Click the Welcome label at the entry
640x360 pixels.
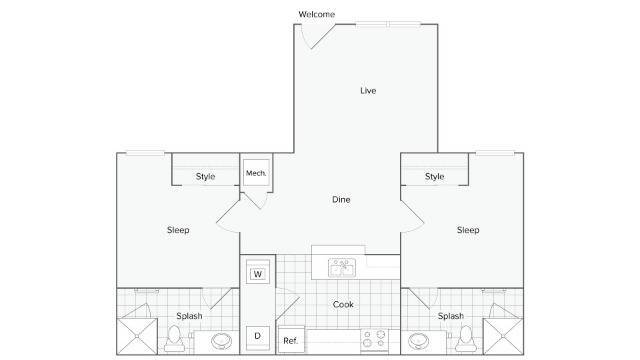pyautogui.click(x=317, y=14)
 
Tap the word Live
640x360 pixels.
pyautogui.click(x=368, y=91)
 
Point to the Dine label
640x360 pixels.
pyautogui.click(x=341, y=199)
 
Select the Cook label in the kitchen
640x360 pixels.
pyautogui.click(x=343, y=305)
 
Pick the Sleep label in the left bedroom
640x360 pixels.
pyautogui.click(x=178, y=230)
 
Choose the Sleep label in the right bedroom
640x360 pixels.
pyautogui.click(x=468, y=230)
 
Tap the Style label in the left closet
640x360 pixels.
pyautogui.click(x=205, y=177)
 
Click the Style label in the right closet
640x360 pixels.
pyautogui.click(x=434, y=177)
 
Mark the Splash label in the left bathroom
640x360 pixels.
pyautogui.click(x=190, y=316)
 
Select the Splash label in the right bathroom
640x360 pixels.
pyautogui.click(x=450, y=316)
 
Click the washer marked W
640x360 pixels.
pyautogui.click(x=257, y=274)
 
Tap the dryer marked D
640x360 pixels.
pyautogui.click(x=257, y=336)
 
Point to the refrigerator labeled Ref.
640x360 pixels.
pyautogui.click(x=290, y=339)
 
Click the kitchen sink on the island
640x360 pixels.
pyautogui.click(x=340, y=266)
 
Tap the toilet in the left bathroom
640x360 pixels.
pyautogui.click(x=173, y=339)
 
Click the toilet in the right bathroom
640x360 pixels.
pyautogui.click(x=465, y=339)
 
